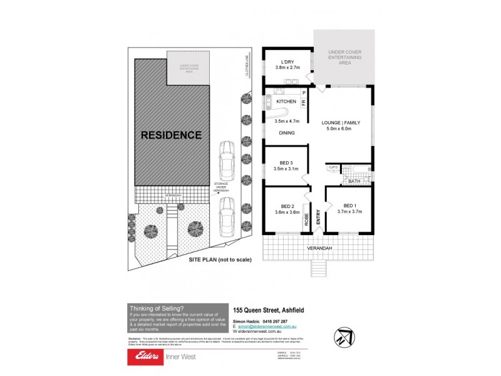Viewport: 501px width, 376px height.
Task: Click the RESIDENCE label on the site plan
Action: [171, 135]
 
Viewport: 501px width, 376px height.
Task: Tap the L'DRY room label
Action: [287, 61]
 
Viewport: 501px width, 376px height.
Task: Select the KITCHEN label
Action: [286, 102]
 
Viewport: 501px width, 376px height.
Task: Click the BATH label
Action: [354, 182]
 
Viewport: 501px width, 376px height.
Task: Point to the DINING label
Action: [287, 133]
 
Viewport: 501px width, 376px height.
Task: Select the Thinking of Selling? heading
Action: [156, 308]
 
